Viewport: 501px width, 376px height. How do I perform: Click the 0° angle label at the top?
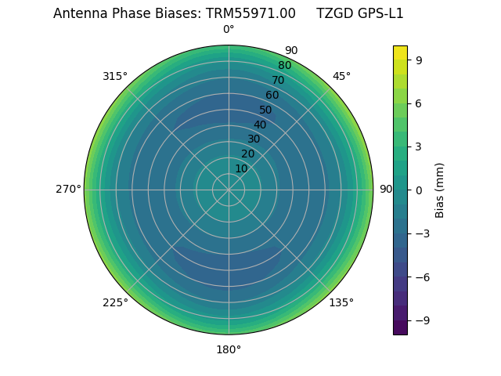(x=229, y=30)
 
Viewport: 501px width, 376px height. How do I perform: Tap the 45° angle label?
(x=341, y=77)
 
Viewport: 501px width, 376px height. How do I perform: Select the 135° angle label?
(x=341, y=302)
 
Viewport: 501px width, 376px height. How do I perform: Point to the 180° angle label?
(x=229, y=349)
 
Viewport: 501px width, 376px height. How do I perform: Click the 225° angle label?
(x=115, y=302)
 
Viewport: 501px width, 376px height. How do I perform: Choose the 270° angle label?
(x=68, y=190)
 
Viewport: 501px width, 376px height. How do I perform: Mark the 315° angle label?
(x=115, y=77)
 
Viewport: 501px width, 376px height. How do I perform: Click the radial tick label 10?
(x=241, y=169)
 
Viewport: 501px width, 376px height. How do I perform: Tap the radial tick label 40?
(x=260, y=125)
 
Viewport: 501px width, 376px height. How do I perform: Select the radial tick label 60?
(x=272, y=96)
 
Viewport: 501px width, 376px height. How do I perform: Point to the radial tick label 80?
(x=285, y=66)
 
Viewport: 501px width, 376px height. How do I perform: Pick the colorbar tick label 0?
(x=420, y=190)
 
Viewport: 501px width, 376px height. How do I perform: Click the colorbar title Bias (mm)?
(x=440, y=190)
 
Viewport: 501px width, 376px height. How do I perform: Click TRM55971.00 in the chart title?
(x=250, y=13)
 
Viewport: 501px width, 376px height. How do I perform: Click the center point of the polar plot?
(x=229, y=190)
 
